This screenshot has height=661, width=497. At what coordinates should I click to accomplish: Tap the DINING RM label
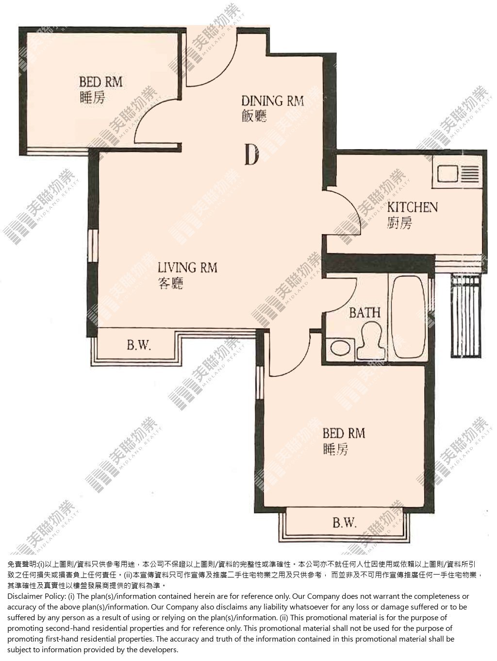tap(272, 101)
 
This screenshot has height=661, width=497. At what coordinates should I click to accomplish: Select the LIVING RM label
tap(187, 268)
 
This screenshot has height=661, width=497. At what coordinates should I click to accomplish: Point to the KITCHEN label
tap(412, 207)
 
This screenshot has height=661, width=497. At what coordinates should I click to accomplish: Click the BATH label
tap(364, 312)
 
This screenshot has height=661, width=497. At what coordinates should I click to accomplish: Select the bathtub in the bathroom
tap(408, 318)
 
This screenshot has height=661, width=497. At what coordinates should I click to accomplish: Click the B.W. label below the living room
tap(139, 345)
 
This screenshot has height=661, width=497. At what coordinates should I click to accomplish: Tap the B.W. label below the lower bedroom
tap(345, 523)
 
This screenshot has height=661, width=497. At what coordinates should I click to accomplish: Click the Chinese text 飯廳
tap(254, 116)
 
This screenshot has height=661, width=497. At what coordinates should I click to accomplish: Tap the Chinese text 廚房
tap(399, 223)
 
